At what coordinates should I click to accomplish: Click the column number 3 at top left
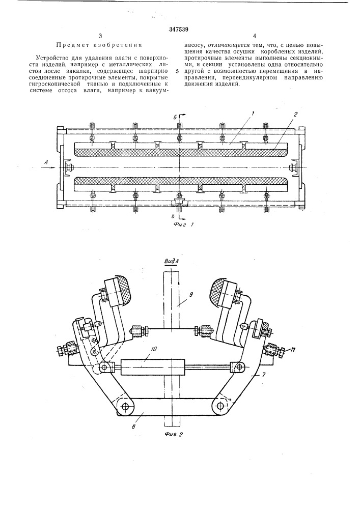(x=100, y=36)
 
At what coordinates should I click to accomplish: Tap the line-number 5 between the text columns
(x=177, y=71)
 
